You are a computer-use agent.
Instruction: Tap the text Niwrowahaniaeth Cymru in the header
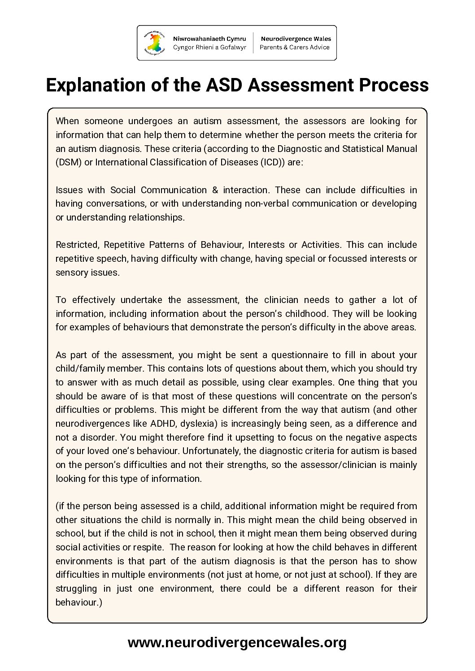click(x=209, y=39)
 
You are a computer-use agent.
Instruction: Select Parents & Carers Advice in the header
click(x=295, y=48)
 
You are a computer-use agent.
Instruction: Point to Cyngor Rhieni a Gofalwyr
click(x=209, y=48)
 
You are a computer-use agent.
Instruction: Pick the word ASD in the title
click(x=223, y=85)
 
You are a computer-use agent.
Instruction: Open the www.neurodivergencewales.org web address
click(x=237, y=643)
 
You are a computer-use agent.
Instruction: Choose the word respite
click(x=151, y=547)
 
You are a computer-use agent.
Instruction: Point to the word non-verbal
click(x=267, y=203)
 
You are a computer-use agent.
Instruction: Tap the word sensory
click(x=69, y=273)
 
